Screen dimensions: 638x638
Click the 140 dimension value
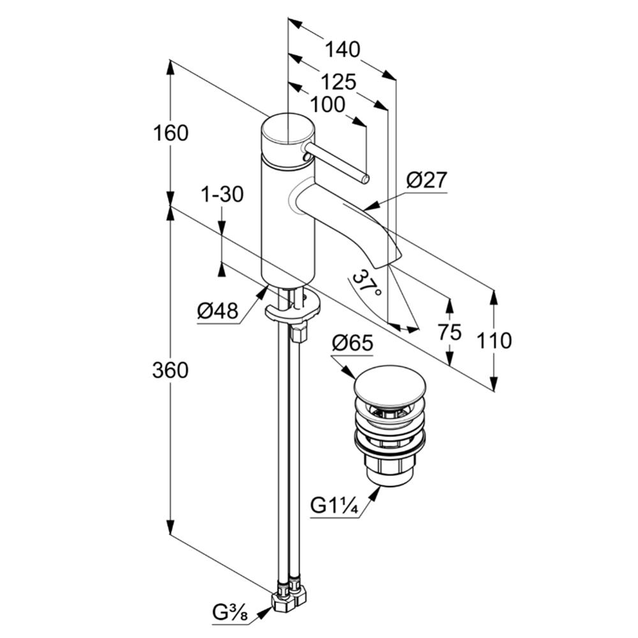(343, 49)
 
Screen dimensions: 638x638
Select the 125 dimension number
(339, 82)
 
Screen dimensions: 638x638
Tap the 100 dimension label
(328, 105)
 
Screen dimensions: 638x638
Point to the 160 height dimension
(171, 133)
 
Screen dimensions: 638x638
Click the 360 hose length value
(170, 370)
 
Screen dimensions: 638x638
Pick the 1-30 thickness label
(223, 194)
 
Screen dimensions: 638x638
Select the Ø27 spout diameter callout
(427, 180)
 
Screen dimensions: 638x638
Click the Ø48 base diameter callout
(218, 312)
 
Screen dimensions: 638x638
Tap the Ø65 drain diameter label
(352, 343)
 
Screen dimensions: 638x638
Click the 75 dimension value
(450, 332)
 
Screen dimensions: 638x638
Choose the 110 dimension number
(494, 341)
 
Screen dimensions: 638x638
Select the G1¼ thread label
(334, 506)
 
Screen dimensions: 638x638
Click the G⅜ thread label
(230, 612)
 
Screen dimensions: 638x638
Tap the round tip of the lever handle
(366, 179)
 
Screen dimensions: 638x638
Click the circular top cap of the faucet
(288, 130)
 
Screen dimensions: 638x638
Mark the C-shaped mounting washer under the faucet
(293, 308)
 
